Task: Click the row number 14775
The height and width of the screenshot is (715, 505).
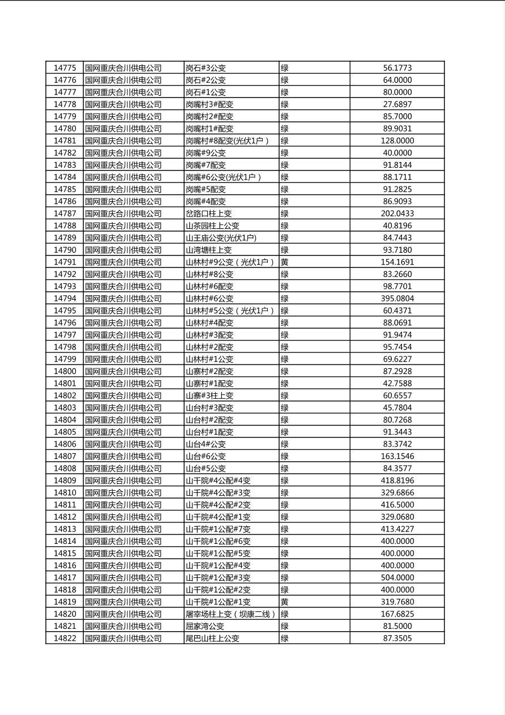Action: (65, 68)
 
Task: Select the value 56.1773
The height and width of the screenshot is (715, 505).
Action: (397, 68)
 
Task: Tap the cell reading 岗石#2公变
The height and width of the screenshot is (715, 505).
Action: (206, 80)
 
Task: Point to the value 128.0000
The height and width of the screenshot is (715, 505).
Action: (397, 141)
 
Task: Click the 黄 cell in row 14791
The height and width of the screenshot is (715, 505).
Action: (285, 262)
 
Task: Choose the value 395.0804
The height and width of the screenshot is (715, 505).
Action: (397, 299)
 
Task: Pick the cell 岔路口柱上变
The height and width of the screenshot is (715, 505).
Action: (209, 214)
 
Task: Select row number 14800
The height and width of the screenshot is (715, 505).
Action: (65, 371)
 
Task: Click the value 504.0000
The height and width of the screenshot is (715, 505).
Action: (397, 577)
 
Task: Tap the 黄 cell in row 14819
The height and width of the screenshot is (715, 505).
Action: (285, 602)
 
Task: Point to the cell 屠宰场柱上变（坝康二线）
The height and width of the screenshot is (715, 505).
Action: (231, 614)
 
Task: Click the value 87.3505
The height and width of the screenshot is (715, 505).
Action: (397, 638)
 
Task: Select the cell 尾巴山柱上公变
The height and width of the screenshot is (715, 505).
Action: (213, 638)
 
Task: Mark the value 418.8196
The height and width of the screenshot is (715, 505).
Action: (397, 480)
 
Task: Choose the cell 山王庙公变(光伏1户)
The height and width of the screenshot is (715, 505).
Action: (221, 238)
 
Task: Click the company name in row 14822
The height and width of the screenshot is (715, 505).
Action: (123, 638)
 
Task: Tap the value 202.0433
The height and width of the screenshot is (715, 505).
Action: (397, 214)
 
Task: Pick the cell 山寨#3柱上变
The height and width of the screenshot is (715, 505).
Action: (209, 395)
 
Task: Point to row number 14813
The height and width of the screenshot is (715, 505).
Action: (65, 529)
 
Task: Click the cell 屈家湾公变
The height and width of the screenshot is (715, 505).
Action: (205, 626)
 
